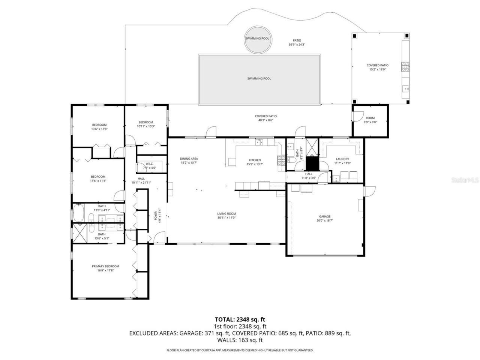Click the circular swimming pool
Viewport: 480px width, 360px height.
point(257,39)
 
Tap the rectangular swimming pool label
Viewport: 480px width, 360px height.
point(259,78)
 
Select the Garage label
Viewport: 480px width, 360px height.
point(325,216)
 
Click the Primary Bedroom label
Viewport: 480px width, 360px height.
point(105,266)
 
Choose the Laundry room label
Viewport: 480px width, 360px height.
point(342,159)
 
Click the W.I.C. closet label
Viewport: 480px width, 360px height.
point(149,163)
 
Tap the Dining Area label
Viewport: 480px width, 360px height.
point(189,159)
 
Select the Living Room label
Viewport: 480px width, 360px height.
point(226,214)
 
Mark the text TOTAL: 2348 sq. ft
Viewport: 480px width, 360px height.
point(240,319)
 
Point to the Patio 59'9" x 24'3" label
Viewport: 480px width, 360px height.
point(297,42)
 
